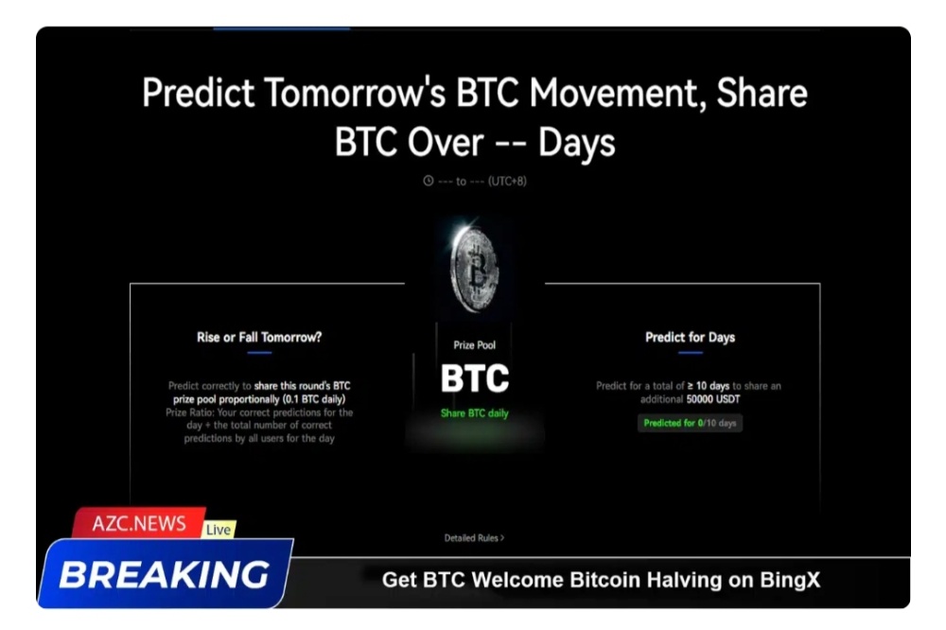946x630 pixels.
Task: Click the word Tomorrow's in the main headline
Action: (355, 93)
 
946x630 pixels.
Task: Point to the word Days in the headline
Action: (576, 144)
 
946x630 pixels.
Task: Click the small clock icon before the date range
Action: (428, 181)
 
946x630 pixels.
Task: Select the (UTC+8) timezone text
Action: (507, 181)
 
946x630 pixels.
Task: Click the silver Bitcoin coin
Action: (475, 270)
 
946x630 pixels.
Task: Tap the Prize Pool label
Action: (474, 345)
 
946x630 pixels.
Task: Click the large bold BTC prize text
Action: (475, 378)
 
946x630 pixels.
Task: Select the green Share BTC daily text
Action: (474, 413)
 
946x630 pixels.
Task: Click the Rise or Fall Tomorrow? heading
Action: (259, 338)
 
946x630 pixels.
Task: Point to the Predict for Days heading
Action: (691, 338)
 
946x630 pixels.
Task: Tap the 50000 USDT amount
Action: (713, 399)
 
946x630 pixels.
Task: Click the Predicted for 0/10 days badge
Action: (690, 423)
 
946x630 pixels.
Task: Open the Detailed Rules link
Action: (474, 537)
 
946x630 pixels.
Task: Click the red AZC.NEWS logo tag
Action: (139, 522)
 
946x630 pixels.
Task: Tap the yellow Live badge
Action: (219, 529)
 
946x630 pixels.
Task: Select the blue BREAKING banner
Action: (166, 573)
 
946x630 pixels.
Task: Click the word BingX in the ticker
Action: (790, 580)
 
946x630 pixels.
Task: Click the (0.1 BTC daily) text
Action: (314, 399)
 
